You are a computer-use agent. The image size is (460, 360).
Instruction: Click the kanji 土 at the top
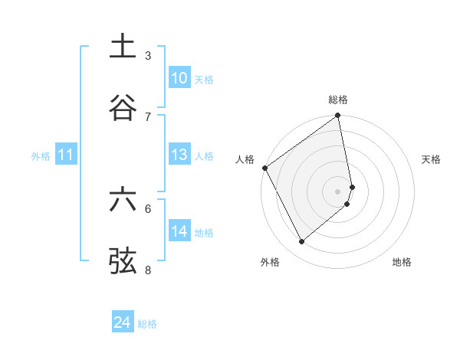click(123, 46)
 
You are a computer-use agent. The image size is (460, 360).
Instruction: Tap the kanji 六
click(123, 200)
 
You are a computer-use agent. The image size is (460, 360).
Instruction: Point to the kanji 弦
click(123, 261)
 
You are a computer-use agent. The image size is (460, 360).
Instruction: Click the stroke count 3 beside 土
click(148, 55)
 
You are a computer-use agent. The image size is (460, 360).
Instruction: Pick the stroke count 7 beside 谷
click(148, 116)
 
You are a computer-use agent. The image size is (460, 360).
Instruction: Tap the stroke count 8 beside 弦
click(148, 270)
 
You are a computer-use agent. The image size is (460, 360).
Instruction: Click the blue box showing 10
click(179, 78)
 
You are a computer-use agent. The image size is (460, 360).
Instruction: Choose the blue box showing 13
click(179, 155)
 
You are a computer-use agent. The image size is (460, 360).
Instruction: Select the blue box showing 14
click(179, 231)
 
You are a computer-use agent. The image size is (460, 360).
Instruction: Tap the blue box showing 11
click(66, 155)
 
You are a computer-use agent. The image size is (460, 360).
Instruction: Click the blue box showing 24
click(123, 323)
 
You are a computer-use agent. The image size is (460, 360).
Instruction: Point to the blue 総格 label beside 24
click(147, 324)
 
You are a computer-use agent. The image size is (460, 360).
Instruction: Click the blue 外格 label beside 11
click(41, 156)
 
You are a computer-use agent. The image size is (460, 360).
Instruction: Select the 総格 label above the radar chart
click(338, 100)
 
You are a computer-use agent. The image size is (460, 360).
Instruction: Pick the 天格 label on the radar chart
click(432, 159)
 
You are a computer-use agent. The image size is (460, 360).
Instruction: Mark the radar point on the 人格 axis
click(265, 168)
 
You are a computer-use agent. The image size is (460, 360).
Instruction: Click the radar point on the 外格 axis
click(301, 241)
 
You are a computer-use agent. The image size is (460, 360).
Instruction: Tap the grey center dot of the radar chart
click(338, 191)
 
